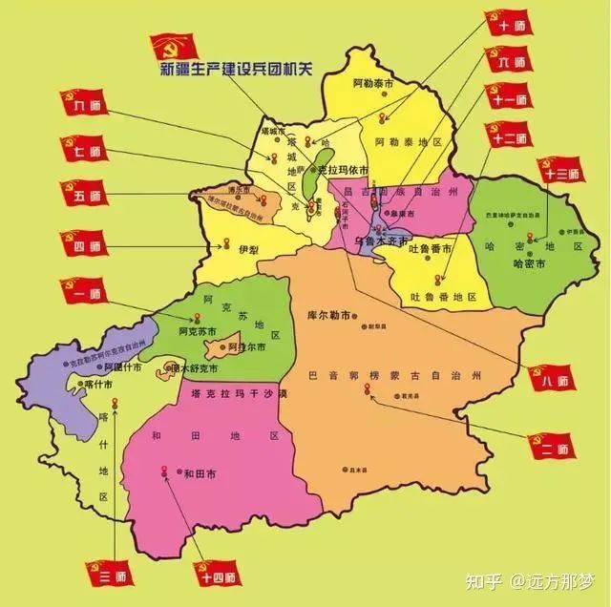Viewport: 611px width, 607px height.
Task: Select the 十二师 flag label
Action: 510,135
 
